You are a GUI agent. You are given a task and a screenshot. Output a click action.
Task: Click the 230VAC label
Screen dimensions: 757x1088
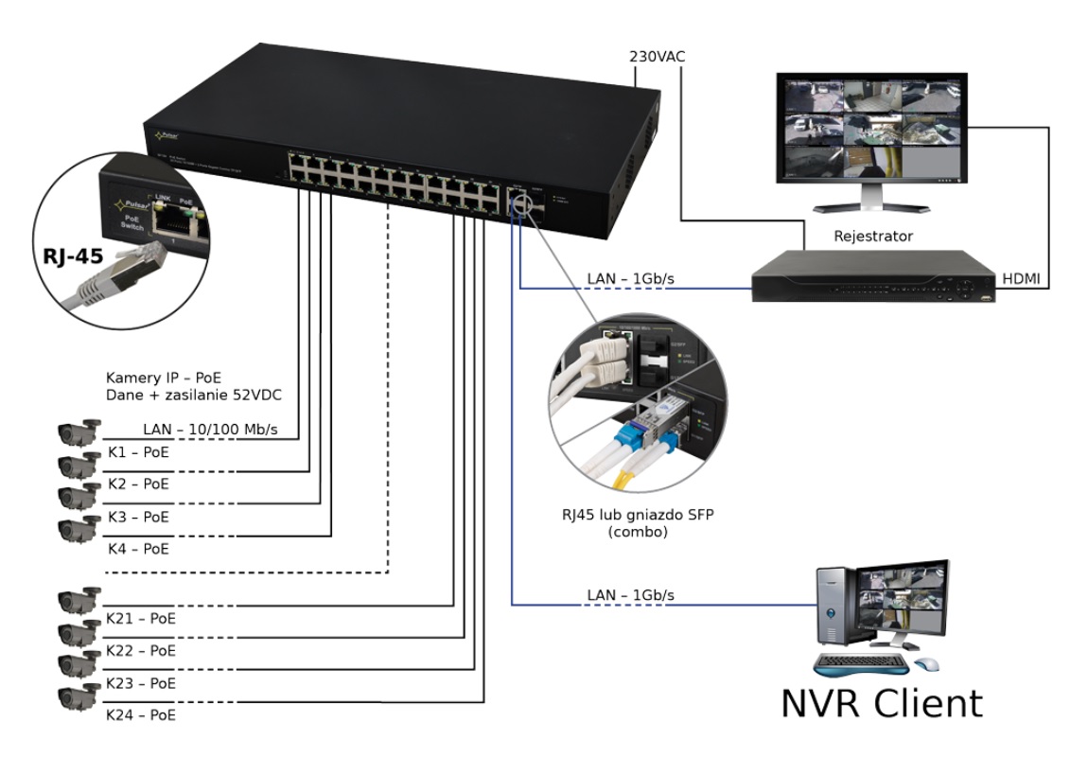click(x=658, y=56)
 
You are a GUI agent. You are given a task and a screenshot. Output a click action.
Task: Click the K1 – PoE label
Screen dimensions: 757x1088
click(x=138, y=451)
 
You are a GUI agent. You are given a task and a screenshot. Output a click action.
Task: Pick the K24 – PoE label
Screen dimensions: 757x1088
click(x=141, y=715)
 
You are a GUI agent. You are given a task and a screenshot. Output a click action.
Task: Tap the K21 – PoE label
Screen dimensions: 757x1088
click(x=141, y=618)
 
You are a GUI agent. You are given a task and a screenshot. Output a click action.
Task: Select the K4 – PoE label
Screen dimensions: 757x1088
click(x=138, y=548)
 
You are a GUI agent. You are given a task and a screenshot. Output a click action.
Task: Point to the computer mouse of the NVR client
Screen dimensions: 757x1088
click(x=928, y=664)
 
